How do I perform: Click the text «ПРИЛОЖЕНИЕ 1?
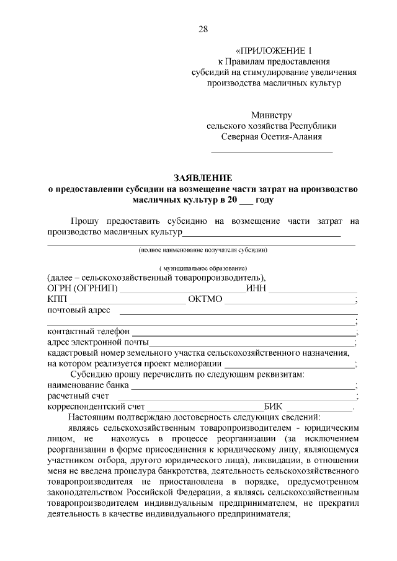(x=272, y=50)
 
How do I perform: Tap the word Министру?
(x=271, y=115)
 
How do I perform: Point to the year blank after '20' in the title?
(x=229, y=201)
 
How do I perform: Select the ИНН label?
(x=256, y=288)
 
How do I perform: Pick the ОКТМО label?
(x=205, y=299)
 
